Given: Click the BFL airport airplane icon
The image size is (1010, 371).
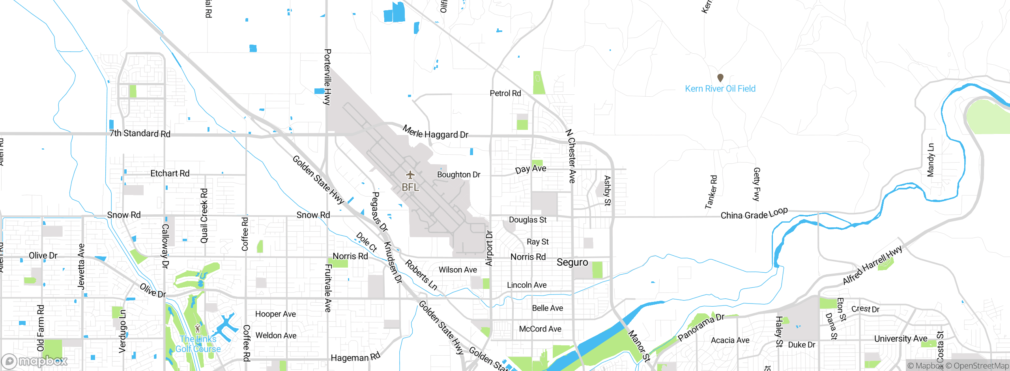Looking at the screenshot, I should coord(410,174).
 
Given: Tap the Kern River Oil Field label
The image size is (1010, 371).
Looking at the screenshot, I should coord(720,89).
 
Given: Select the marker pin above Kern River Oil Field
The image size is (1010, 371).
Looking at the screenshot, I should coord(720,77).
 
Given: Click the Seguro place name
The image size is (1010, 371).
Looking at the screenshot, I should coord(572,262).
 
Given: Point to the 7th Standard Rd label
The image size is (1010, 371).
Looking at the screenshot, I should coord(140,133).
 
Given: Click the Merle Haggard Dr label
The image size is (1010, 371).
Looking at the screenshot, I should coord(435,133).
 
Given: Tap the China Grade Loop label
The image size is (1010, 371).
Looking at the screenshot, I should coord(754,214).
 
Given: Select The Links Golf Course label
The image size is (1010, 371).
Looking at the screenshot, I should coord(198,344).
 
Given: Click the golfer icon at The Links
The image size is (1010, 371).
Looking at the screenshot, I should coord(198,328).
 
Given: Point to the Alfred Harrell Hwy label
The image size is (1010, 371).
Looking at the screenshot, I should coord(872,265).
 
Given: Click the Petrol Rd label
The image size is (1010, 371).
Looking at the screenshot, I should coord(505,94).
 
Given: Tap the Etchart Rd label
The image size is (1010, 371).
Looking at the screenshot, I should coord(170,174).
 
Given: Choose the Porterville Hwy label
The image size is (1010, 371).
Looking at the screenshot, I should coord(327,77).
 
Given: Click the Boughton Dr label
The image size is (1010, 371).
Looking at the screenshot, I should coord(458,174).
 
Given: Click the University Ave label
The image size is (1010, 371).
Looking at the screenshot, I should coord(901,339).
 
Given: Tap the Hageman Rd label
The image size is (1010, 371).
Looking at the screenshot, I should coord(355,357).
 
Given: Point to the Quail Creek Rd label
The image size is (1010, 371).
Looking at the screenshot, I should coord(204,215).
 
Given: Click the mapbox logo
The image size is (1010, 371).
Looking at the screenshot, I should coord(35,361).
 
